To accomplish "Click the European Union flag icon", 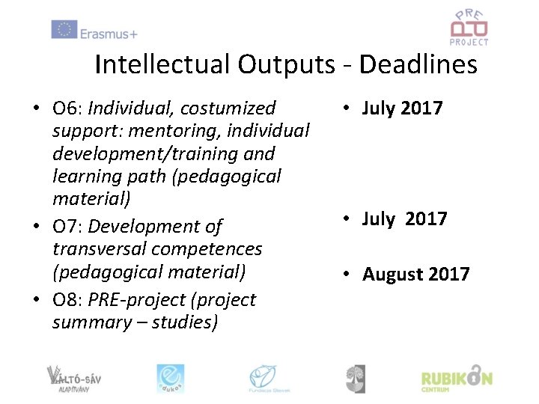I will click(64, 30).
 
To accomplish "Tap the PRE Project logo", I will click(469, 27).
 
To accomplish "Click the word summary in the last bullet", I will click(87, 322).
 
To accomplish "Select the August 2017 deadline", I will click(415, 274).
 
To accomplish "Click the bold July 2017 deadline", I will click(402, 108).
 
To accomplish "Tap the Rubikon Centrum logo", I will click(456, 379).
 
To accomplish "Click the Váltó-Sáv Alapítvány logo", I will click(73, 379).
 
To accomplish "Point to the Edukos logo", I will click(170, 379).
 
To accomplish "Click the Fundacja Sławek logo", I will click(269, 379).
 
